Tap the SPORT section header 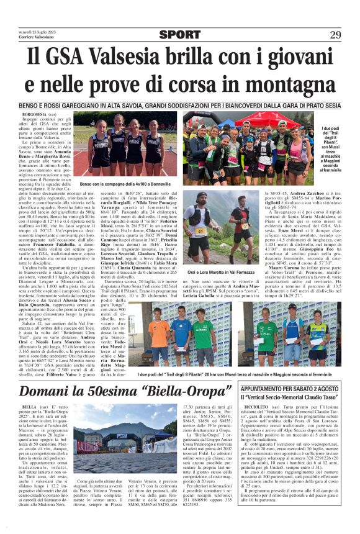(x=180, y=35)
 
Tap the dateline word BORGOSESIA (x=35, y=115)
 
